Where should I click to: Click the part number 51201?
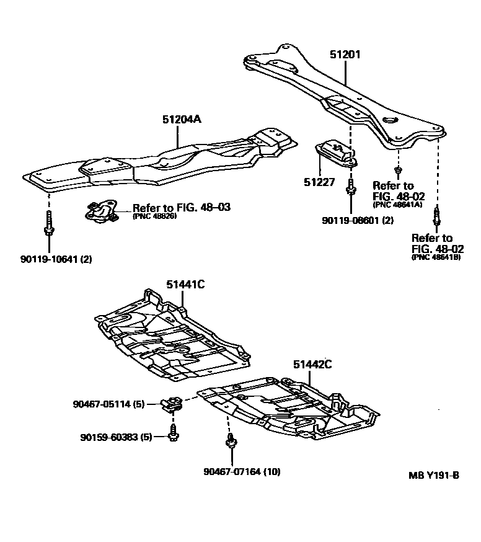(345, 55)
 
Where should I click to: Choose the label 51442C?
(312, 365)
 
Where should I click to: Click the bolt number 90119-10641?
(56, 259)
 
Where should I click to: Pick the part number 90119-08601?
(358, 221)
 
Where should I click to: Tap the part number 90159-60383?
(116, 437)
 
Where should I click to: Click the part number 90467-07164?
(242, 471)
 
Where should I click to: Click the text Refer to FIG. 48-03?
(182, 208)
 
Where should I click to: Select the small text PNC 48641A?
(398, 205)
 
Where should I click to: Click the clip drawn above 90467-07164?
(231, 441)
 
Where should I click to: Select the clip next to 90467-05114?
(169, 405)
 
